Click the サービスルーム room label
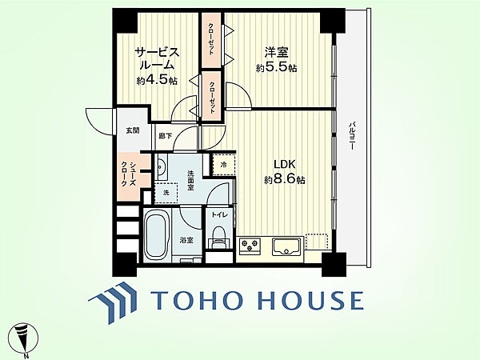[x=157, y=59]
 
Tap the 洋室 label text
[x=276, y=52]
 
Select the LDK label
[x=284, y=164]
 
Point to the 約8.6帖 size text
[x=284, y=179]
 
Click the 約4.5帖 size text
[x=157, y=80]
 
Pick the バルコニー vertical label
[x=352, y=136]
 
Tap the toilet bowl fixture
[x=218, y=237]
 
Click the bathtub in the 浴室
[x=158, y=235]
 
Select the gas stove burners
[x=250, y=246]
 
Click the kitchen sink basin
[x=287, y=246]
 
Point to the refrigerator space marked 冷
[x=224, y=165]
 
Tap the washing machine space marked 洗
[x=166, y=193]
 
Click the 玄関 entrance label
[x=133, y=130]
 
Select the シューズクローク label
[x=129, y=174]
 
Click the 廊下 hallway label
[x=165, y=136]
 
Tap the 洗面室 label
[x=190, y=181]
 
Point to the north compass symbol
[x=23, y=338]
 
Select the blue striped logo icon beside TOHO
[x=112, y=302]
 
